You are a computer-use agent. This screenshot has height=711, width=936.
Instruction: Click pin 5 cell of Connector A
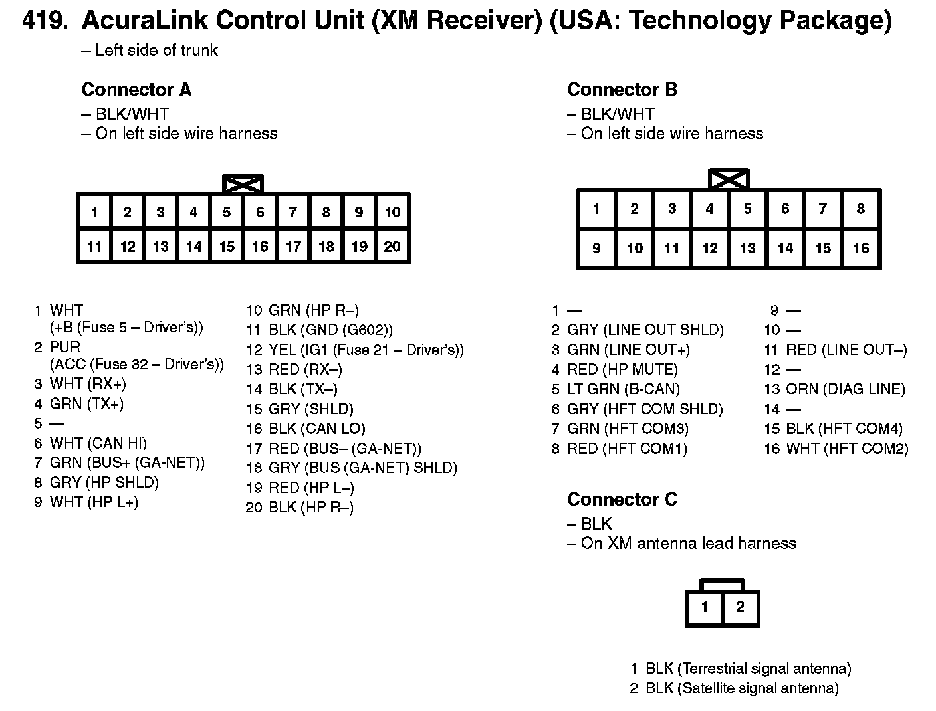tap(227, 212)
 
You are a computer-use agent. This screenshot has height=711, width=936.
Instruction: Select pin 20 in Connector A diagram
tap(392, 247)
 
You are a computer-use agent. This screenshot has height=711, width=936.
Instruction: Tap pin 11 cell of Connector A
tap(94, 247)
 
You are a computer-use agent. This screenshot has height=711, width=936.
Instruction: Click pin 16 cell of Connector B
tap(861, 249)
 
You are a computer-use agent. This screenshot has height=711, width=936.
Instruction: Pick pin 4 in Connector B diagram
tap(710, 209)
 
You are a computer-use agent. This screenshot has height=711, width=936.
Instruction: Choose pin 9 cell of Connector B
tap(596, 249)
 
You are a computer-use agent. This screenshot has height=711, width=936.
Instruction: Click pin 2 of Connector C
tap(740, 607)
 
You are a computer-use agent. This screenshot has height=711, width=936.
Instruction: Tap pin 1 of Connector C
tap(705, 607)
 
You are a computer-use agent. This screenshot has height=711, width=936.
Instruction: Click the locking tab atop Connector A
tap(243, 184)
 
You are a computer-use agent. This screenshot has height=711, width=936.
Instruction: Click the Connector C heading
tap(622, 499)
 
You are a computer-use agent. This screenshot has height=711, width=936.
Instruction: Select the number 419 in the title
tap(45, 22)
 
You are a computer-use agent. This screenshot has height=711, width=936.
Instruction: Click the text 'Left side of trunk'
tap(156, 51)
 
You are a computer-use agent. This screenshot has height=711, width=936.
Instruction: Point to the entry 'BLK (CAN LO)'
tap(316, 429)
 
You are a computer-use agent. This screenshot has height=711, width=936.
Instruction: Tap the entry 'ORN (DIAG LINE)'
tap(845, 389)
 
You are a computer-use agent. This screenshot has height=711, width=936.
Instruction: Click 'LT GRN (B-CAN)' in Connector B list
tap(623, 389)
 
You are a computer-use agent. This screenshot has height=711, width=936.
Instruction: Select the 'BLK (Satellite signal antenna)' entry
tap(742, 688)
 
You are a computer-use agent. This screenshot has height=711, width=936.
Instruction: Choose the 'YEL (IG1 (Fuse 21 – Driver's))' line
tap(366, 350)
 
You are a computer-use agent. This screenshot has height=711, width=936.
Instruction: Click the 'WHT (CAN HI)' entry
tap(98, 443)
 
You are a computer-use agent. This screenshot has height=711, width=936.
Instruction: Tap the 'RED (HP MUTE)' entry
tap(622, 369)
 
